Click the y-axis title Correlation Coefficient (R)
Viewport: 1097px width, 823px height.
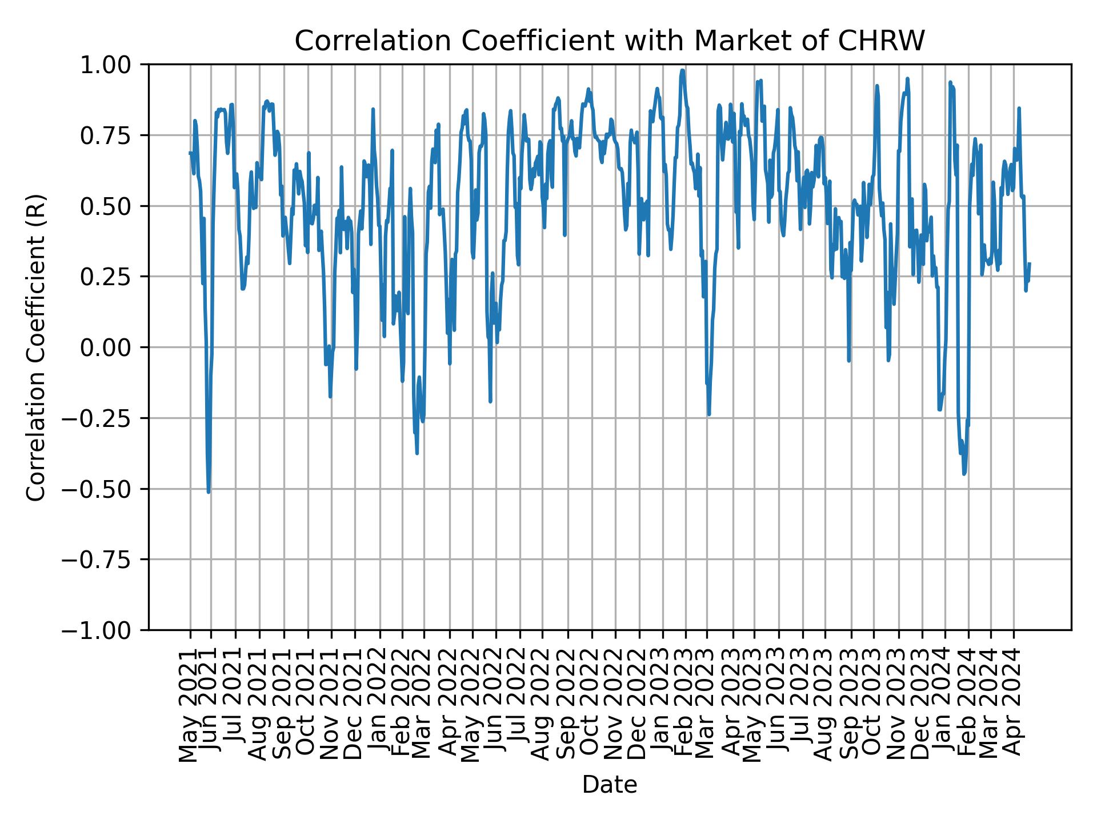(x=36, y=347)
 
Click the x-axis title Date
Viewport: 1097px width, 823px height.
(x=609, y=785)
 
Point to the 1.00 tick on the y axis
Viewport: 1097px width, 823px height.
(x=114, y=65)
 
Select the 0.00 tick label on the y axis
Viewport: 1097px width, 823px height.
(x=114, y=347)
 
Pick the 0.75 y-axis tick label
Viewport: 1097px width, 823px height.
(x=114, y=135)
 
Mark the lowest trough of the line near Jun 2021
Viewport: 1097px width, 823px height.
(x=209, y=492)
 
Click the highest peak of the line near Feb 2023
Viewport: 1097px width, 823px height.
(x=682, y=70)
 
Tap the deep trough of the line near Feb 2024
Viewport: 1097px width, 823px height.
(x=964, y=473)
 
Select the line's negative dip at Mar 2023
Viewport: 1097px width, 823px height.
(x=708, y=414)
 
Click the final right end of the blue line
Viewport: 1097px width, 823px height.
(x=1029, y=263)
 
